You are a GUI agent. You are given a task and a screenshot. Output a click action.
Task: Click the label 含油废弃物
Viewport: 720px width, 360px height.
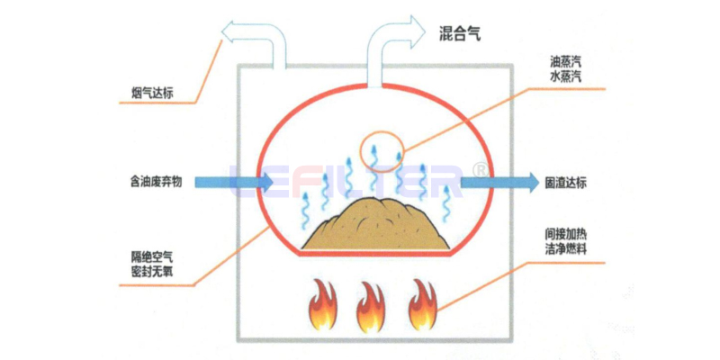pos(156,182)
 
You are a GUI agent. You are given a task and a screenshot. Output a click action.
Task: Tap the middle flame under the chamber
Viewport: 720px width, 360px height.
pos(370,308)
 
